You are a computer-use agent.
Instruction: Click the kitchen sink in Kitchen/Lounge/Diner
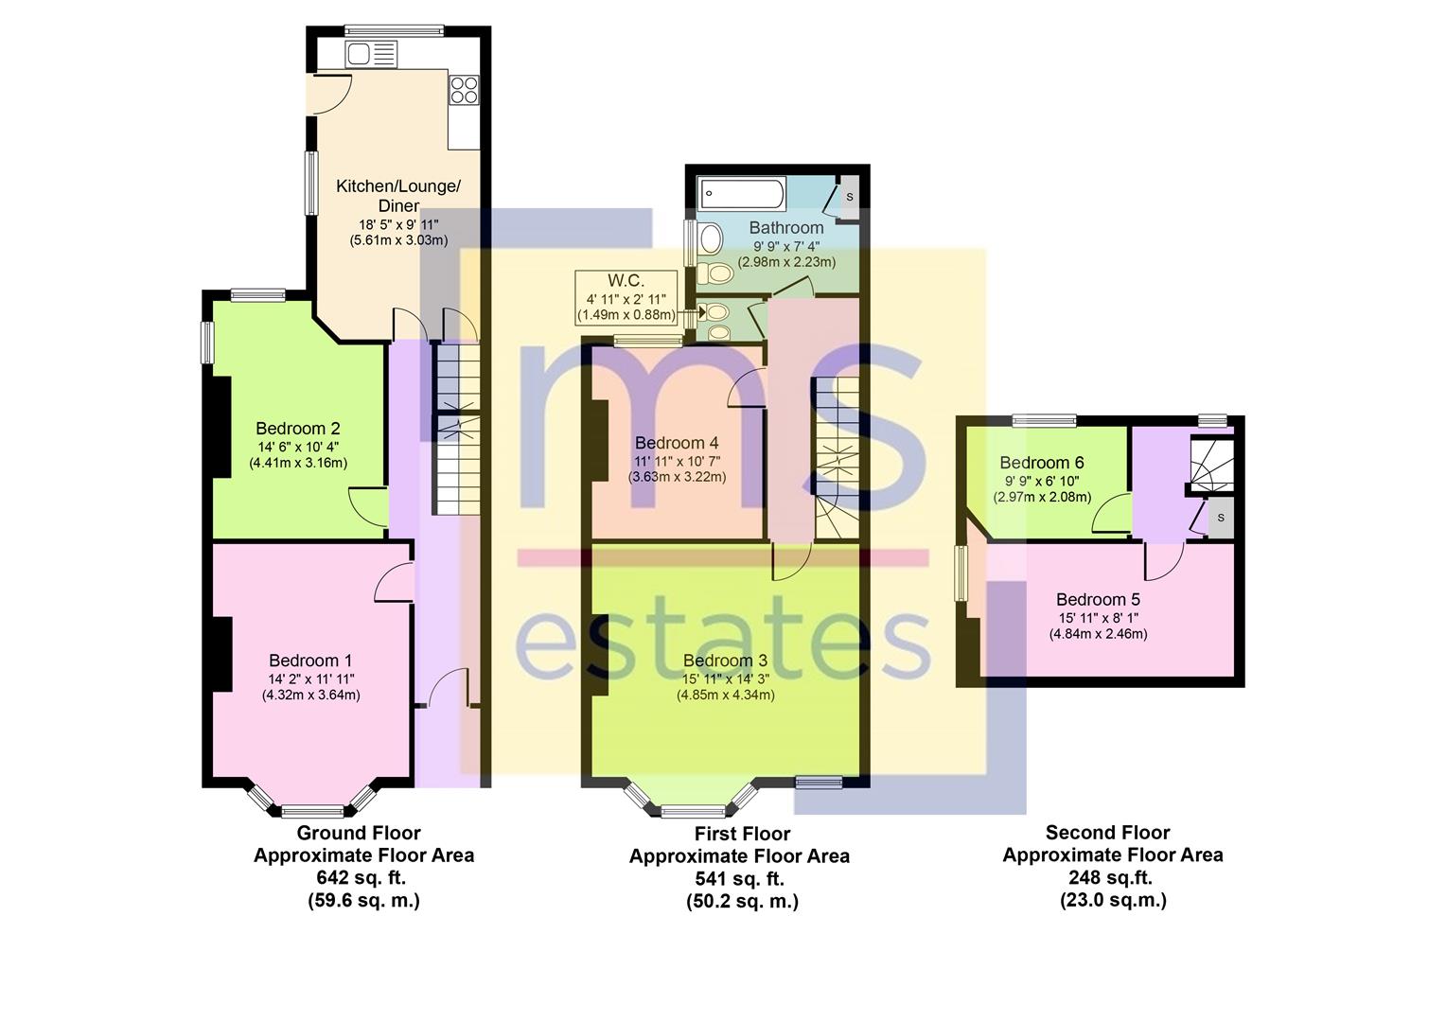pos(371,54)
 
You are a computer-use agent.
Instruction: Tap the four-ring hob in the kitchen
pos(464,90)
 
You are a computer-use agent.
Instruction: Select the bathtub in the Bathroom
pos(742,194)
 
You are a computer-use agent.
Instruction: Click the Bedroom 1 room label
pos(310,661)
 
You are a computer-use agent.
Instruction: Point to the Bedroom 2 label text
pos(297,428)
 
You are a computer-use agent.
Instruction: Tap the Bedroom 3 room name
pos(725,661)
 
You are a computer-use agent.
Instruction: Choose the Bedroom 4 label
pos(677,443)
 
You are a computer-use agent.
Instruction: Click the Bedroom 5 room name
pos(1098,599)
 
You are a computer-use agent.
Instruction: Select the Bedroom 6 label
pos(1041,462)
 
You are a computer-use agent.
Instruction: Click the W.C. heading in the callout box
pos(626,281)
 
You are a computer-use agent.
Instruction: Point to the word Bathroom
pos(786,227)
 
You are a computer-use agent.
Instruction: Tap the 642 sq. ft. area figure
pos(361,877)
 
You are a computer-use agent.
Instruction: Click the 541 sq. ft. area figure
pos(740,879)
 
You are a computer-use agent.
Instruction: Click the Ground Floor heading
pos(359,832)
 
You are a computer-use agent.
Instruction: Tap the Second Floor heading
pos(1108,832)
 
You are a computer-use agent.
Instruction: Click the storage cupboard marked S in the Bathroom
pos(849,196)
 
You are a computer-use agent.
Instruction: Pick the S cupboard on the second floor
pos(1220,517)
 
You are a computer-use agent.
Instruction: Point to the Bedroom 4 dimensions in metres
pos(678,477)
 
